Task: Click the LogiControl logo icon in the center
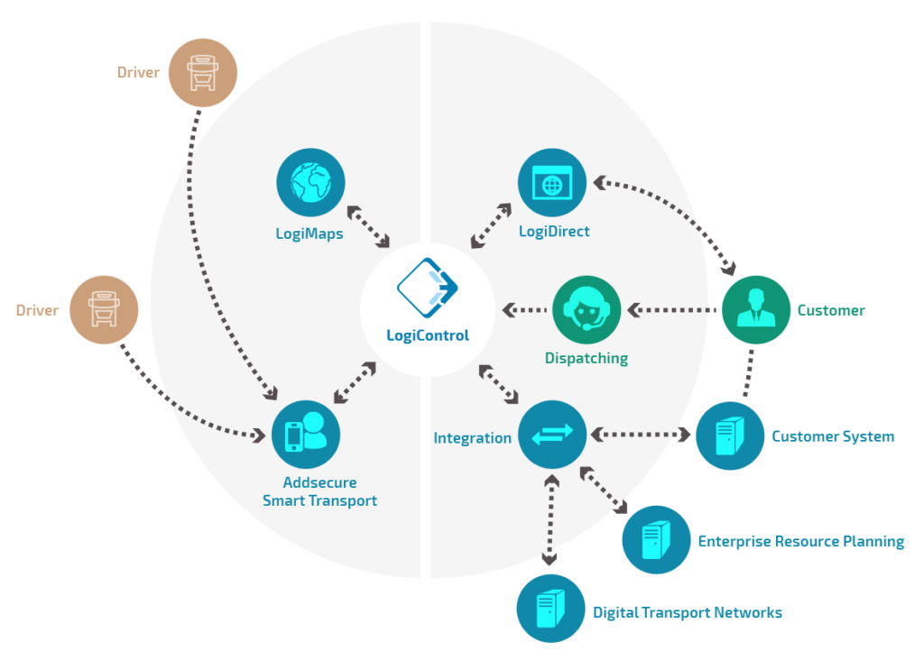tap(428, 288)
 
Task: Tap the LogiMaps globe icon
tap(310, 183)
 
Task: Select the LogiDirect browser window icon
tap(551, 183)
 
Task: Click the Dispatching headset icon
tap(587, 310)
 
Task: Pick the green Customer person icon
tap(756, 310)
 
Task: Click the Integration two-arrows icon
tap(551, 436)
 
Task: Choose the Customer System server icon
tap(729, 436)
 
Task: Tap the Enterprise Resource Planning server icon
tap(656, 541)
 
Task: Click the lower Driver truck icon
tap(104, 310)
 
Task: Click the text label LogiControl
tap(428, 335)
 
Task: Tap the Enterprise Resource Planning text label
tap(800, 542)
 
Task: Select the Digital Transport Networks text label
tap(687, 613)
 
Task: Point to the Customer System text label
tap(832, 436)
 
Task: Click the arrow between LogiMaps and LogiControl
tap(368, 226)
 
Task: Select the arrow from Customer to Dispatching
tap(672, 310)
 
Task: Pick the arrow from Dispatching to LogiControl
tap(523, 310)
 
